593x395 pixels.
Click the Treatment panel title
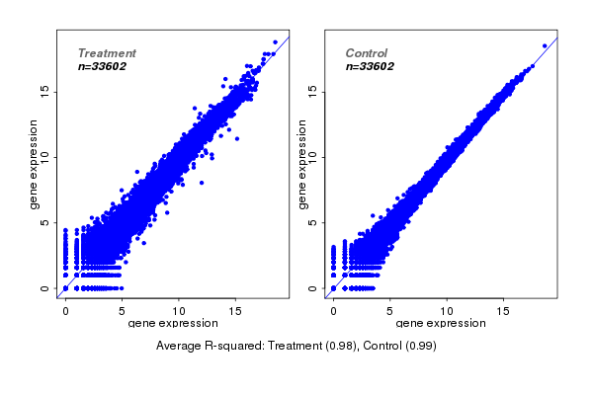click(107, 52)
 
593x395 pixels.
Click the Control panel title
click(366, 52)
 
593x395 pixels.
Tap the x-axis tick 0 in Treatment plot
click(65, 310)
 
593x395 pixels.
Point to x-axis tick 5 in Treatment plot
click(123, 310)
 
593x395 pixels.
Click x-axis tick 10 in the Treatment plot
click(179, 310)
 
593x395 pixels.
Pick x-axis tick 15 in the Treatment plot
click(236, 310)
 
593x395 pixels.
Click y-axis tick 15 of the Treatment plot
click(45, 91)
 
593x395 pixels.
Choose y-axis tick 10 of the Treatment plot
click(45, 156)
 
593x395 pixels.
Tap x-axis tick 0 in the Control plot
click(333, 310)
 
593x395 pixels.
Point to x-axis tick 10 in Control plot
click(447, 310)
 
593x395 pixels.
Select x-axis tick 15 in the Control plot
click(504, 310)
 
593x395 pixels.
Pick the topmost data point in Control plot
click(544, 45)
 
